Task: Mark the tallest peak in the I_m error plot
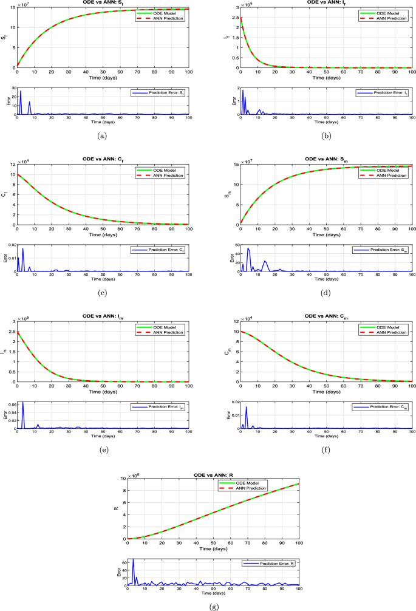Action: click(23, 403)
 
